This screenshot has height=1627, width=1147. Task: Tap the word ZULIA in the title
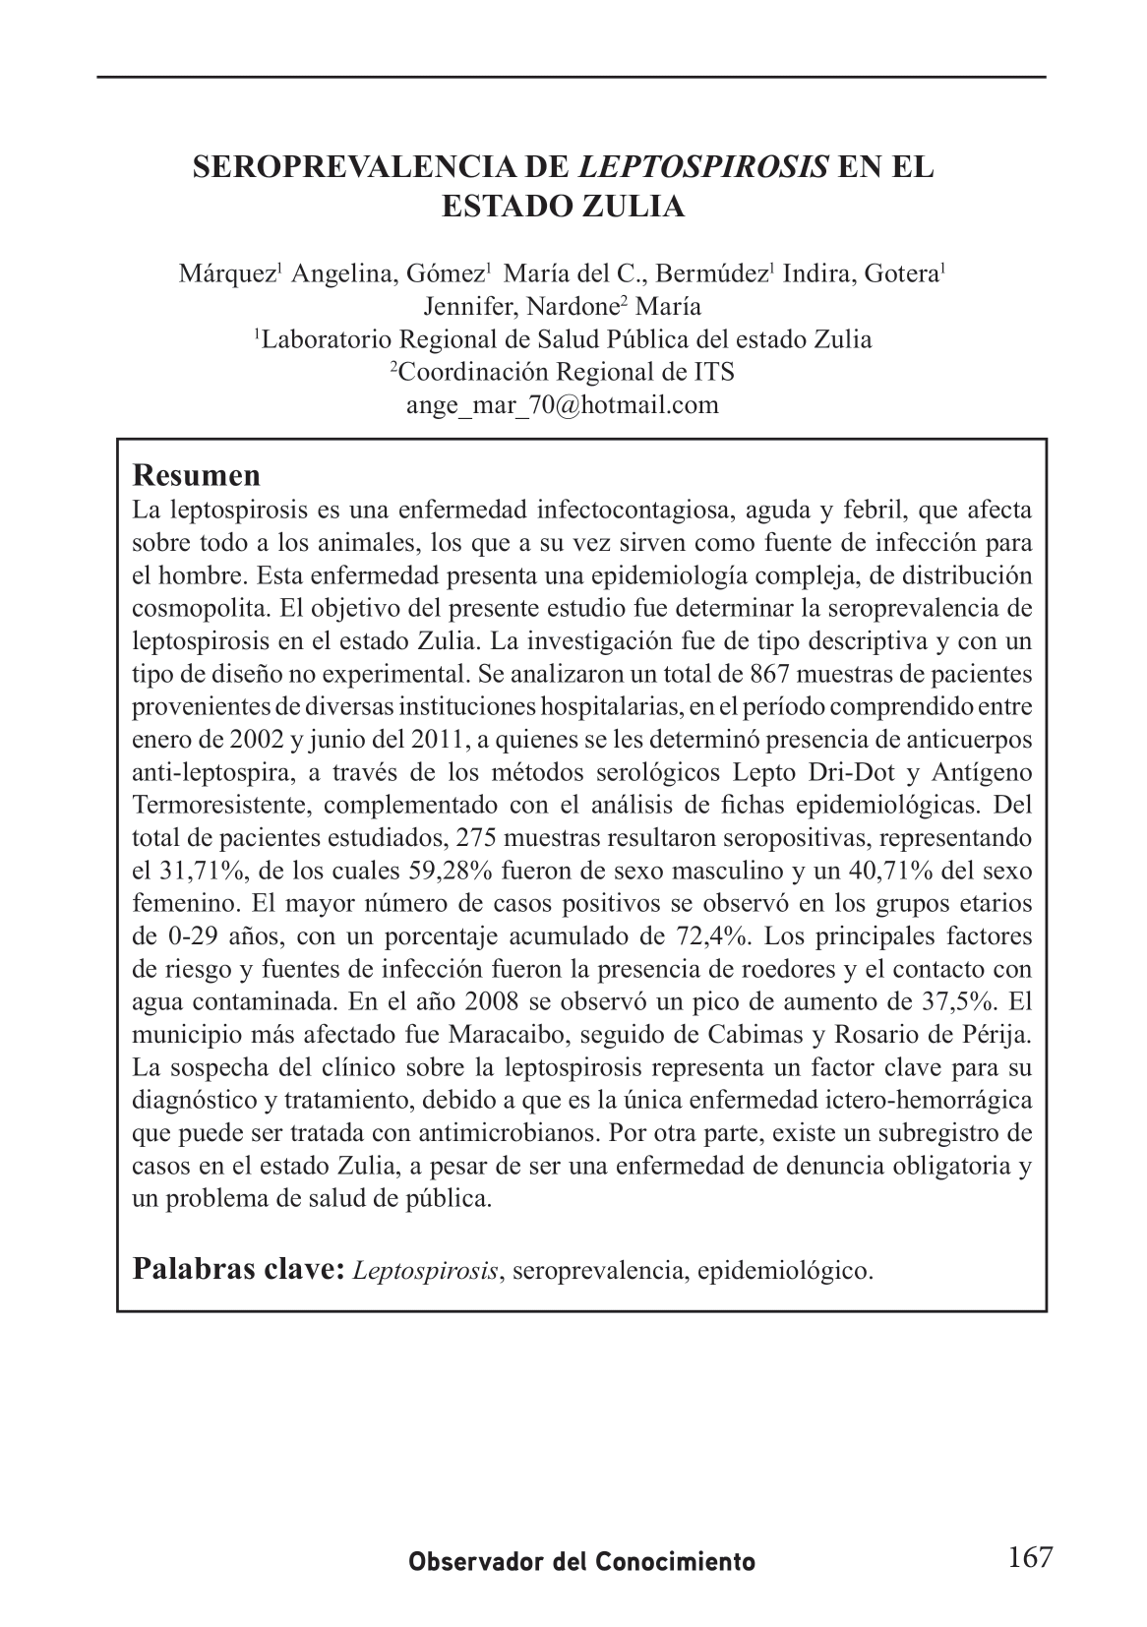tap(635, 208)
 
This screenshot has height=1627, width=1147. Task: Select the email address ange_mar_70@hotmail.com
tap(563, 404)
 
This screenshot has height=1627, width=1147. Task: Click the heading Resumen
tap(197, 475)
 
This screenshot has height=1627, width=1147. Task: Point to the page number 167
tap(1030, 1557)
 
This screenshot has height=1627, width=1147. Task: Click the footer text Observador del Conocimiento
tap(582, 1561)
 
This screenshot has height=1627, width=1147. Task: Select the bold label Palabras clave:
tap(239, 1269)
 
